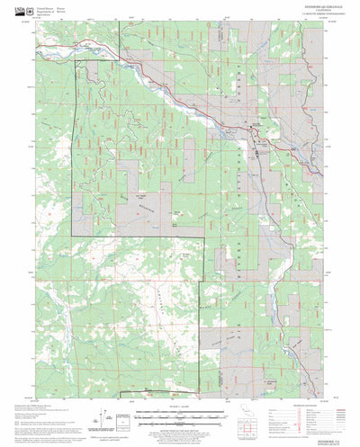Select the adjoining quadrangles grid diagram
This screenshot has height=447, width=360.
pyautogui.click(x=267, y=416)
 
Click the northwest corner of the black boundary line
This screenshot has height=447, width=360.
pyautogui.click(x=74, y=61)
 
